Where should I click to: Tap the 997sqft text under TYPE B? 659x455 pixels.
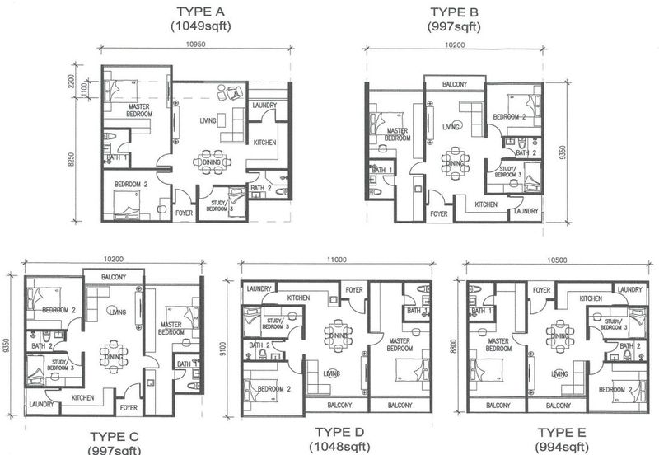[453, 26]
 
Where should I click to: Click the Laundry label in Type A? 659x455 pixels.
[264, 106]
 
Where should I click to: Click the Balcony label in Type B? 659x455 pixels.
[455, 84]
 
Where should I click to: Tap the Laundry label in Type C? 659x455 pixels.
[40, 405]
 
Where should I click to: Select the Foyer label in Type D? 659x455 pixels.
[354, 289]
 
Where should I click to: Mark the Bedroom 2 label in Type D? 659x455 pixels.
[273, 388]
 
